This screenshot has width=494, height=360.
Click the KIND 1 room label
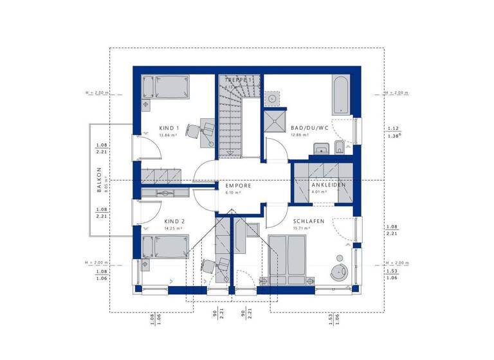click(x=169, y=128)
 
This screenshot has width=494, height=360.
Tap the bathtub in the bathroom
click(x=340, y=94)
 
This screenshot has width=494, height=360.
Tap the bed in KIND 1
click(x=166, y=87)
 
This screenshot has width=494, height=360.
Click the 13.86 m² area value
click(x=169, y=136)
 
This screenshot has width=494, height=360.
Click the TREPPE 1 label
click(x=239, y=80)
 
